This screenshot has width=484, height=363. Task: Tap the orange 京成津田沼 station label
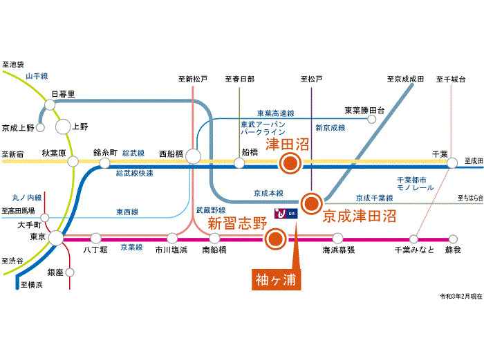click(360, 216)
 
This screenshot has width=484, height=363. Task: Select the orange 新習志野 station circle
click(274, 239)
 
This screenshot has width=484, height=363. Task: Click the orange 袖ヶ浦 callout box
click(275, 280)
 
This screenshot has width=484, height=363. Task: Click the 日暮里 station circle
click(50, 104)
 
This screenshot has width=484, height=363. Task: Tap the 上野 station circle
click(63, 127)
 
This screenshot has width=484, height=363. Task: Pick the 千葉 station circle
click(452, 163)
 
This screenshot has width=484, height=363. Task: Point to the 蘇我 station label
click(453, 249)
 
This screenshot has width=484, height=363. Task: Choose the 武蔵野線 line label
click(212, 209)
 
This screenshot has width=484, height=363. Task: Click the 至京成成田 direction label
click(405, 79)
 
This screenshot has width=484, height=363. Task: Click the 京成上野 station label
click(18, 127)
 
